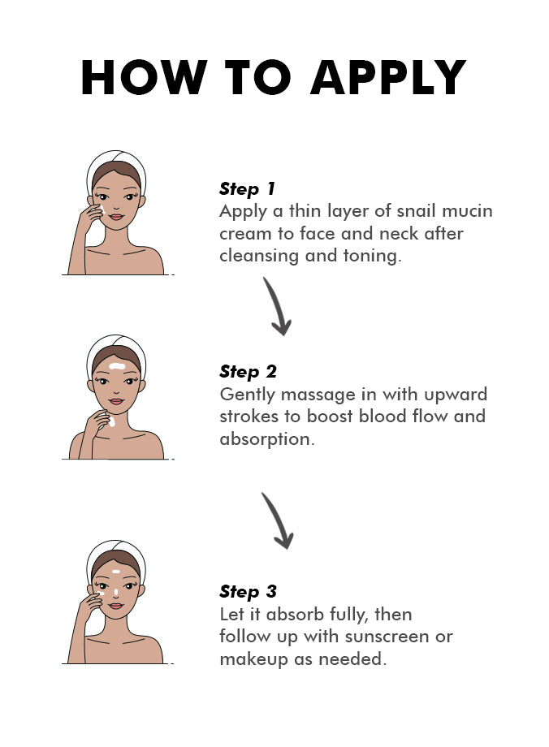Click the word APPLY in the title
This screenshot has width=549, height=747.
pyautogui.click(x=388, y=78)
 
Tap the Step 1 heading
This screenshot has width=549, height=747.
pyautogui.click(x=248, y=189)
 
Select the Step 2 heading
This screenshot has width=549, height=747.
pyautogui.click(x=249, y=372)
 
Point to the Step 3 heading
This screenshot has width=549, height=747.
pyautogui.click(x=249, y=592)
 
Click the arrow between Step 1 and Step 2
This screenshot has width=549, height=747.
pyautogui.click(x=278, y=306)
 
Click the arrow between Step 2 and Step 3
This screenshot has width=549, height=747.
pyautogui.click(x=279, y=520)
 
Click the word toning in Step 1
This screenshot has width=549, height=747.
pyautogui.click(x=370, y=256)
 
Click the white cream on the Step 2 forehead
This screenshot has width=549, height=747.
pyautogui.click(x=117, y=366)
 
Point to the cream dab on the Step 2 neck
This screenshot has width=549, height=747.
pyautogui.click(x=112, y=422)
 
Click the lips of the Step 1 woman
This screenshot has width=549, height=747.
pyautogui.click(x=116, y=217)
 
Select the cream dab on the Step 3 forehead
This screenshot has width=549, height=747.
pyautogui.click(x=116, y=571)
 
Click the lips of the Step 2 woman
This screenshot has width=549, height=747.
pyautogui.click(x=116, y=401)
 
